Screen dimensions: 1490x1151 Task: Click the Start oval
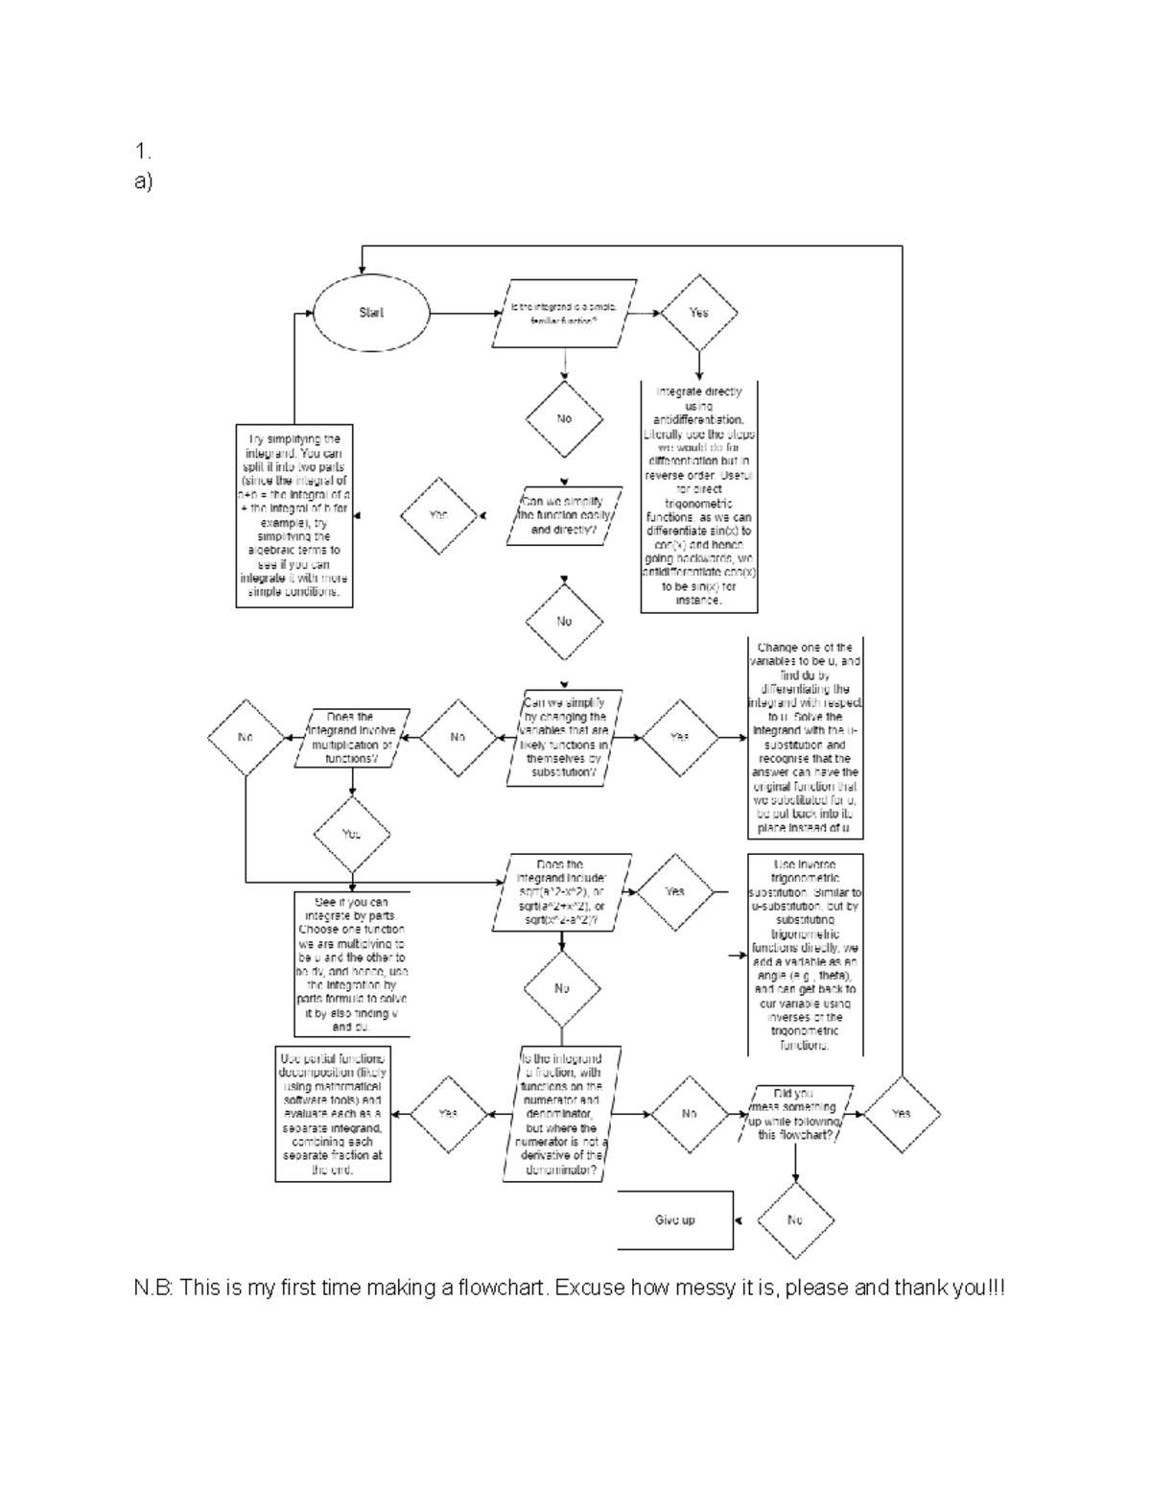tap(371, 313)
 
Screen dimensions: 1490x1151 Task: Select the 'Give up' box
tap(675, 1220)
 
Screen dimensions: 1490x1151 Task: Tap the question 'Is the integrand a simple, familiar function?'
tap(564, 313)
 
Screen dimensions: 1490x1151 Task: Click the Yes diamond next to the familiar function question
tap(698, 313)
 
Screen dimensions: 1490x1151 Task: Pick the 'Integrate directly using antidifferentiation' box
tap(698, 496)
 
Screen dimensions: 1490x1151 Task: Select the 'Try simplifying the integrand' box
tap(294, 516)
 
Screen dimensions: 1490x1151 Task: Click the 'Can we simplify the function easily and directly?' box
tap(564, 516)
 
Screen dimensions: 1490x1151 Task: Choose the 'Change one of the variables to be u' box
tap(806, 738)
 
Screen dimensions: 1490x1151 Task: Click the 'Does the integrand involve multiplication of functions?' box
tap(351, 738)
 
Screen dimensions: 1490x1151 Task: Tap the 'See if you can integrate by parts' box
tap(352, 965)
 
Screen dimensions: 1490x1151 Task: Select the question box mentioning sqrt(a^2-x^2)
tap(561, 892)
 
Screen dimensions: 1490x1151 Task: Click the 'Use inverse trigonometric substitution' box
tap(806, 955)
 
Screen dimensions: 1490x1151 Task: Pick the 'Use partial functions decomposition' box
tap(331, 1114)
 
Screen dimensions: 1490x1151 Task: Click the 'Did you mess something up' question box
tap(793, 1114)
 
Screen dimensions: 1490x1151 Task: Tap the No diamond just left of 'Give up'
tap(795, 1220)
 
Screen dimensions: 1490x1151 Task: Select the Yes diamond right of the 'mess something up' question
tap(901, 1114)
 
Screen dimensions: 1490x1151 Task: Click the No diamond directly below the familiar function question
tap(564, 419)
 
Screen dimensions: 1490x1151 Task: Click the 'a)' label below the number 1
tap(144, 181)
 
